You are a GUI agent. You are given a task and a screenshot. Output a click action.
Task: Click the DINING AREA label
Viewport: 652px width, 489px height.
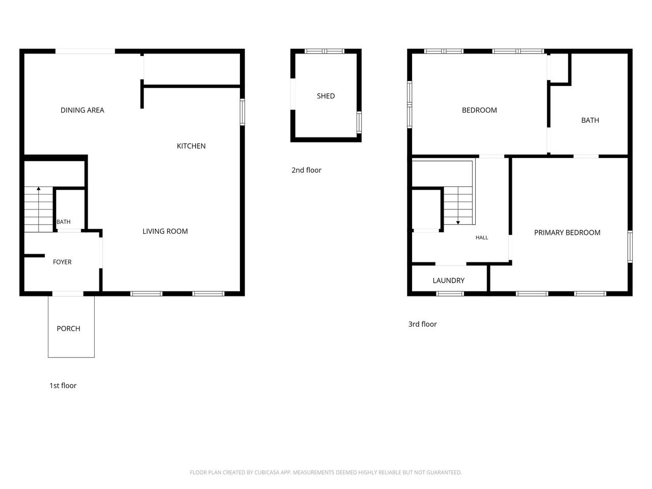tap(83, 110)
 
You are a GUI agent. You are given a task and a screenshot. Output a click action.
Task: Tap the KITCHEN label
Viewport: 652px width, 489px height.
tap(191, 146)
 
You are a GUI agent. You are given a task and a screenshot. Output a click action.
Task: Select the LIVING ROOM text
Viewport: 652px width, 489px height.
tap(165, 231)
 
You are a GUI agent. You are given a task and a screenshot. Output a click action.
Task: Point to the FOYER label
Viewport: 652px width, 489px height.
tap(62, 262)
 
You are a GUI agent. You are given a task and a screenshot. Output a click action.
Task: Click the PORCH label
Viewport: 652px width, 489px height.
tap(68, 329)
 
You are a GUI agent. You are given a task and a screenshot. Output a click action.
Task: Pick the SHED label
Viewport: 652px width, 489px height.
tap(326, 96)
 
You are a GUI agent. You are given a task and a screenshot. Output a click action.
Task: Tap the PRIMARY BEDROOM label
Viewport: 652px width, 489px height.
tap(567, 232)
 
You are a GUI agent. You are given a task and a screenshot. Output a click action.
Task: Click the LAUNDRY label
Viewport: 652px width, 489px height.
tap(449, 281)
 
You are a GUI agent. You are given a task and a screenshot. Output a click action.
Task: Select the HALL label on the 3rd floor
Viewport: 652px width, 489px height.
tap(482, 237)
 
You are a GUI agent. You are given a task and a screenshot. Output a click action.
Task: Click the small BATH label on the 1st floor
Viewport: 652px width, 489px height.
tap(64, 222)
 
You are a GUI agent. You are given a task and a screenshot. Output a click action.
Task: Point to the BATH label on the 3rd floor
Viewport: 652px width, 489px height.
tap(590, 120)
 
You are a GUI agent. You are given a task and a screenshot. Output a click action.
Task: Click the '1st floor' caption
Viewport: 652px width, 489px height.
tap(63, 386)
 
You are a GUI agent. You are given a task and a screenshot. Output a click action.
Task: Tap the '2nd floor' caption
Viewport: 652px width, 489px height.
tap(306, 170)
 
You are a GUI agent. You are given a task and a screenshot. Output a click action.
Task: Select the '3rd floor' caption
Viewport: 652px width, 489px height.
tap(422, 324)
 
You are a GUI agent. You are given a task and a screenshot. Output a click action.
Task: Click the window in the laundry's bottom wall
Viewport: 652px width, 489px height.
tap(450, 293)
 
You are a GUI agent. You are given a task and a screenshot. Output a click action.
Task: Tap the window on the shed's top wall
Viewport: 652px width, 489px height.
tap(324, 51)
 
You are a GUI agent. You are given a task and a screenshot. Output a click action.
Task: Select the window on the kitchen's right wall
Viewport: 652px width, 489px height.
tap(242, 112)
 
